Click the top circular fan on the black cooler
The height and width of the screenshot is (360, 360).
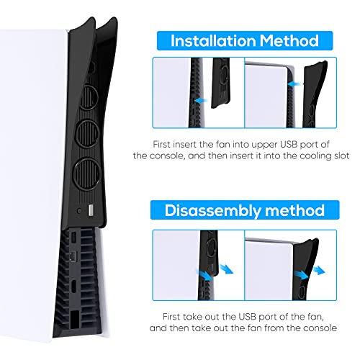pos(89,96)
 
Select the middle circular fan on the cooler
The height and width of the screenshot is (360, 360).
pos(88,134)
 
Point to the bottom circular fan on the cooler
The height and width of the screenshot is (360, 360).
pos(86,174)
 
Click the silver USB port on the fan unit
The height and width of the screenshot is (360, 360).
pos(91,210)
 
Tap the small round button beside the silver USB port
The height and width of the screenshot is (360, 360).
pos(79,211)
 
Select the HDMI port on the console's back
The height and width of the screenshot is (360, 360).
pos(73,286)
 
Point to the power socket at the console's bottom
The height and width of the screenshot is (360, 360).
pos(75,319)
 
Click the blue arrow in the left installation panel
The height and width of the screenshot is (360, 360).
pos(201,101)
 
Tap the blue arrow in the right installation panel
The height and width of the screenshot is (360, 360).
pos(294,84)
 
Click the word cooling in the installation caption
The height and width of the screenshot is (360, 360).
pos(315,156)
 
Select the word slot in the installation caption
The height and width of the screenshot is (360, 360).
pos(341,156)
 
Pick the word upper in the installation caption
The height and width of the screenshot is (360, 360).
pos(265,145)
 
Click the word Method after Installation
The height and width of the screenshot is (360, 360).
pos(289,40)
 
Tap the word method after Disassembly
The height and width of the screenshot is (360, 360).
pos(294,210)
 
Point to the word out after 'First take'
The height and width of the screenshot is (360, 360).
pos(212,317)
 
